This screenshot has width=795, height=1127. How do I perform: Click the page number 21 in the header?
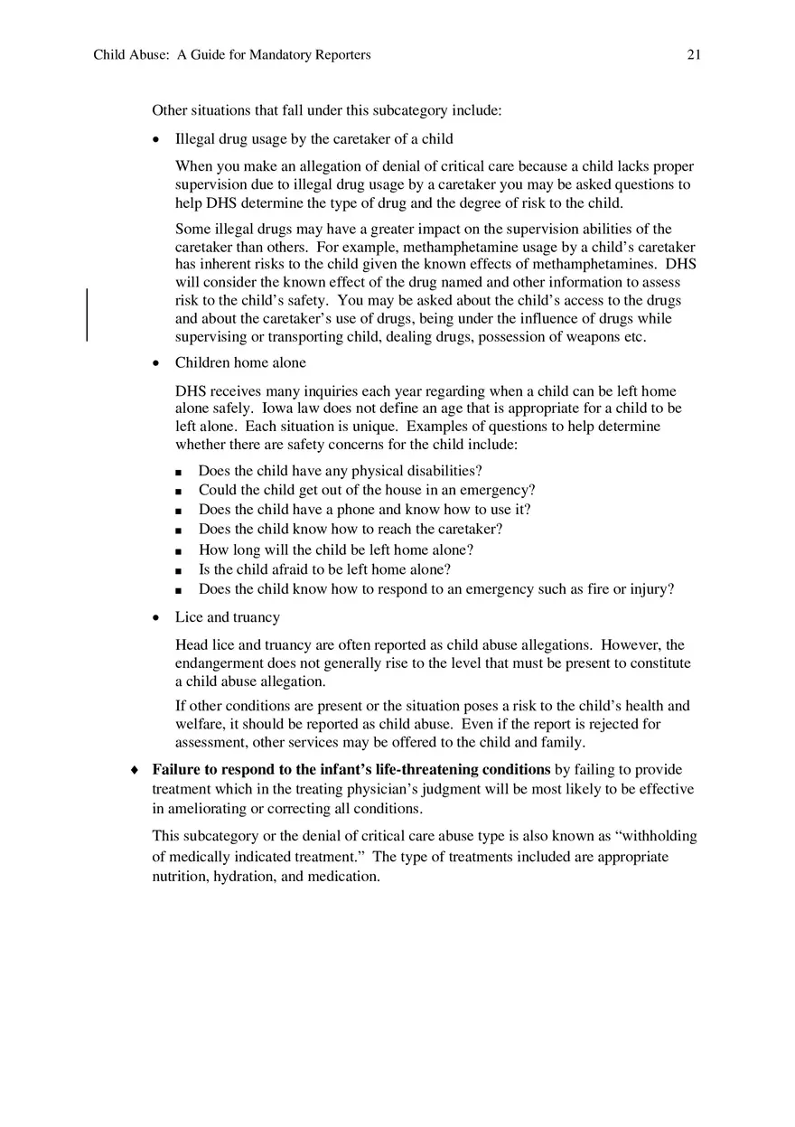coord(694,55)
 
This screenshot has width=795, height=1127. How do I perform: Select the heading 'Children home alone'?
coord(240,362)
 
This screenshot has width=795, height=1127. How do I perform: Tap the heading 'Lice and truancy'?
coord(228,617)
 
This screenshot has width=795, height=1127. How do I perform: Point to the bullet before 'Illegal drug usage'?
coord(156,139)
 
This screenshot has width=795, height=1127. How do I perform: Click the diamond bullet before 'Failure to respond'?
coord(134,770)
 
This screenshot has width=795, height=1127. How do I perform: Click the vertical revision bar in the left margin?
coord(88,315)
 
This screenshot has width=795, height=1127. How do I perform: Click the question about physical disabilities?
coord(341,471)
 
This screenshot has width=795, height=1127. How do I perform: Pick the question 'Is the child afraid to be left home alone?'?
coord(324,569)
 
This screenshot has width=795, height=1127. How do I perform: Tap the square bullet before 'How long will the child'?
coord(179,550)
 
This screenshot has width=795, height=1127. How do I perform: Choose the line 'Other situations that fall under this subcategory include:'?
coord(326,110)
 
